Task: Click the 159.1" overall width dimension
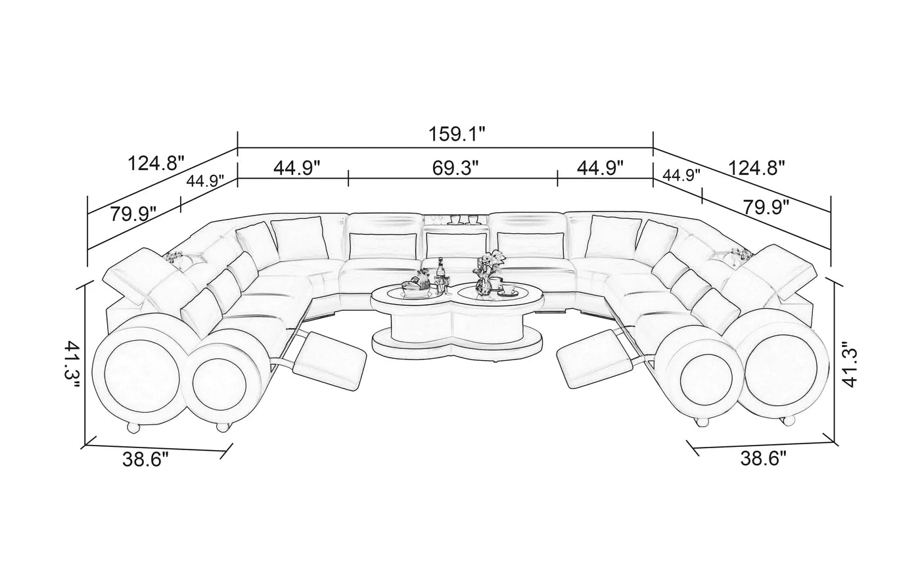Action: coord(457,134)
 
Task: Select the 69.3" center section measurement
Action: coord(455,168)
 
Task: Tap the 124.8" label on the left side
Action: coord(156,164)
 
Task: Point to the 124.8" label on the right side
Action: coord(756,168)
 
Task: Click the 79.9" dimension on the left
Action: coord(133,214)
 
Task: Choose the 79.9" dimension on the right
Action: coord(766,208)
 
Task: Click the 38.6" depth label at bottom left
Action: coord(146,459)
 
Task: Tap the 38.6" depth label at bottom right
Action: coord(764,459)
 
